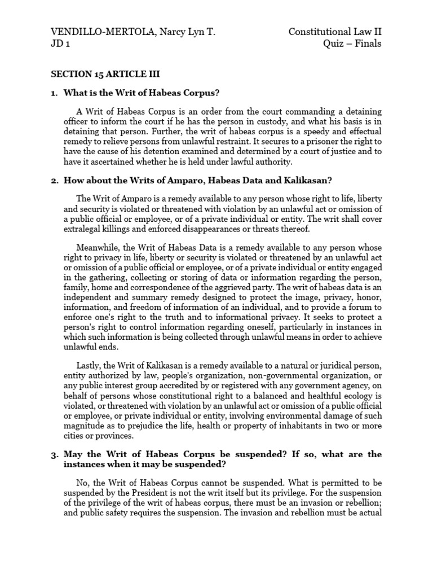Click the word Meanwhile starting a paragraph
[x=97, y=248]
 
